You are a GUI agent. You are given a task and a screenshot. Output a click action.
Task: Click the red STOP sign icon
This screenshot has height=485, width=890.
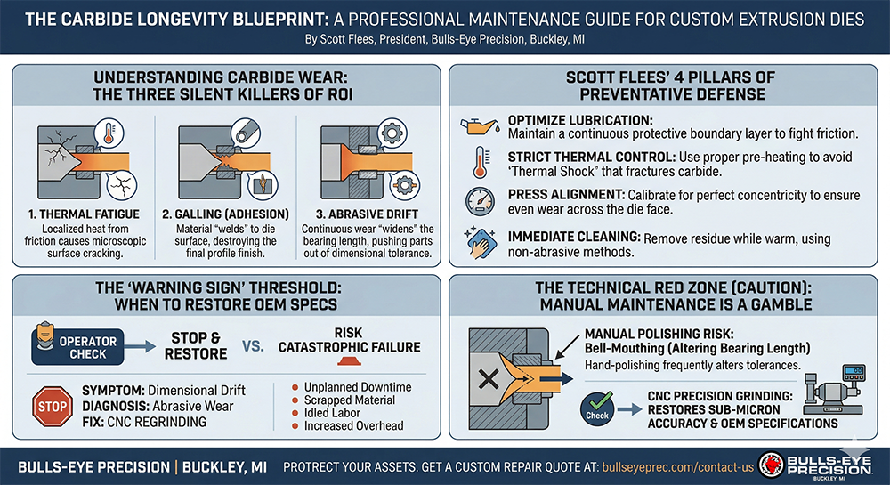pos(53,406)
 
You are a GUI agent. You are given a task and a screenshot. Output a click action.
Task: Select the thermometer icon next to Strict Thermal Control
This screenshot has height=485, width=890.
pos(481,164)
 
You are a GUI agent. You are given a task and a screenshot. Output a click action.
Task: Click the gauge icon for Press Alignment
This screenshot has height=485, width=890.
pos(481,201)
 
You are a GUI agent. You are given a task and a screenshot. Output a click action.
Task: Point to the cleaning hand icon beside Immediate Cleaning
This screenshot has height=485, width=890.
pos(481,243)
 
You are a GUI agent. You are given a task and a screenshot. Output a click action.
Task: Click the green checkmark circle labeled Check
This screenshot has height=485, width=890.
pos(597,408)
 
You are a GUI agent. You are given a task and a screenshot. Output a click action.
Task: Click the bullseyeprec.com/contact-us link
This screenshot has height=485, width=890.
pos(677,467)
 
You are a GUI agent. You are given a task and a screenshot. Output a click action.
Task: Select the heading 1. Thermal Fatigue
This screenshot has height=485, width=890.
pos(84,214)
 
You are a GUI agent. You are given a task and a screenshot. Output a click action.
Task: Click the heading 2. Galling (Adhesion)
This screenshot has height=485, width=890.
pos(225,214)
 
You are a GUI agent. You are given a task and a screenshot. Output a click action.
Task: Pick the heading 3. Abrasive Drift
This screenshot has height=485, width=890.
pos(368,214)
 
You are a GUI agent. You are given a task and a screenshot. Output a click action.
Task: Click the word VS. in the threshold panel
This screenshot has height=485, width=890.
pos(253,346)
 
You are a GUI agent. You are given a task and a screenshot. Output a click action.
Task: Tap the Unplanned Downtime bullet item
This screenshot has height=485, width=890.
pos(352,387)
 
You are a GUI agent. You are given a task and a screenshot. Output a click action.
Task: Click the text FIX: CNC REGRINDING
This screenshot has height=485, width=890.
pos(144,422)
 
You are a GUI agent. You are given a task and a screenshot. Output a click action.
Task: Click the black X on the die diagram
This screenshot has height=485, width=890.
pos(489,378)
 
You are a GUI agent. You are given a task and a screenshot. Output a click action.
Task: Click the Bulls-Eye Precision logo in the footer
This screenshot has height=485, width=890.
pos(815,465)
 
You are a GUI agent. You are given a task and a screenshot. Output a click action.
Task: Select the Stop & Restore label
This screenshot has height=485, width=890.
pos(195,346)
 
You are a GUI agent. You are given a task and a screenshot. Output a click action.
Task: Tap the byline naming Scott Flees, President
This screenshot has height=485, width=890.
pos(444,40)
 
